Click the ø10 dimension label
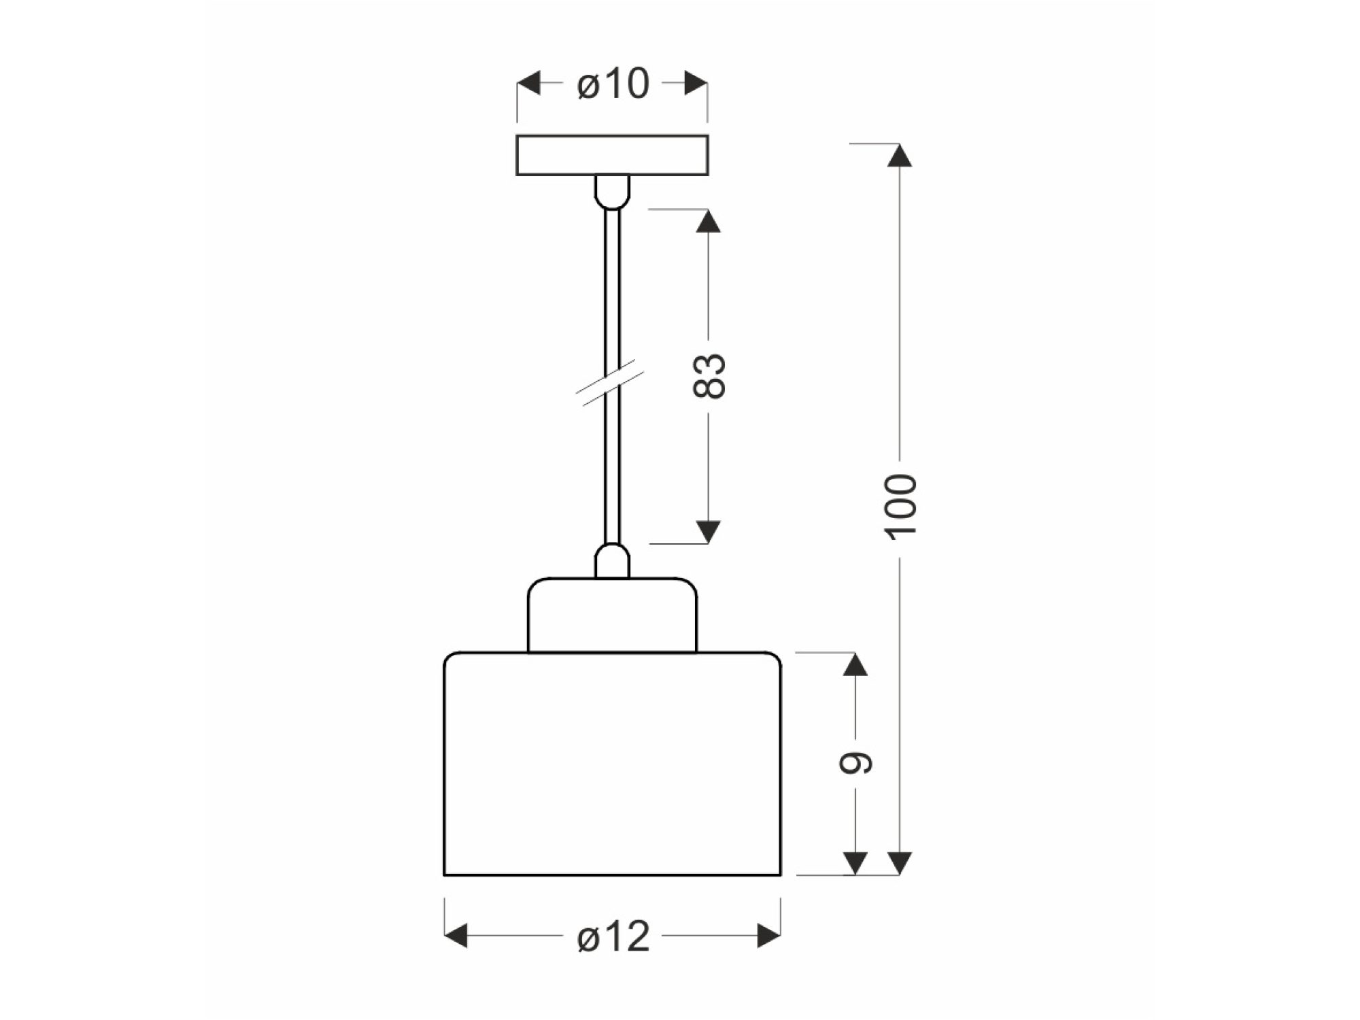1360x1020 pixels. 613,84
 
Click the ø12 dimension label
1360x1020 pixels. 613,936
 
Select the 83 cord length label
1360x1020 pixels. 709,375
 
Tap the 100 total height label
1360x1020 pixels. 901,507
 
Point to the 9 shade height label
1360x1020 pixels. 855,763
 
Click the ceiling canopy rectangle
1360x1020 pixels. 612,155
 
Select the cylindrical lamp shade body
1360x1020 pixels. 612,764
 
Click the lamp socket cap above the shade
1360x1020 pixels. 612,615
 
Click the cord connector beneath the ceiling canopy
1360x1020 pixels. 612,192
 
